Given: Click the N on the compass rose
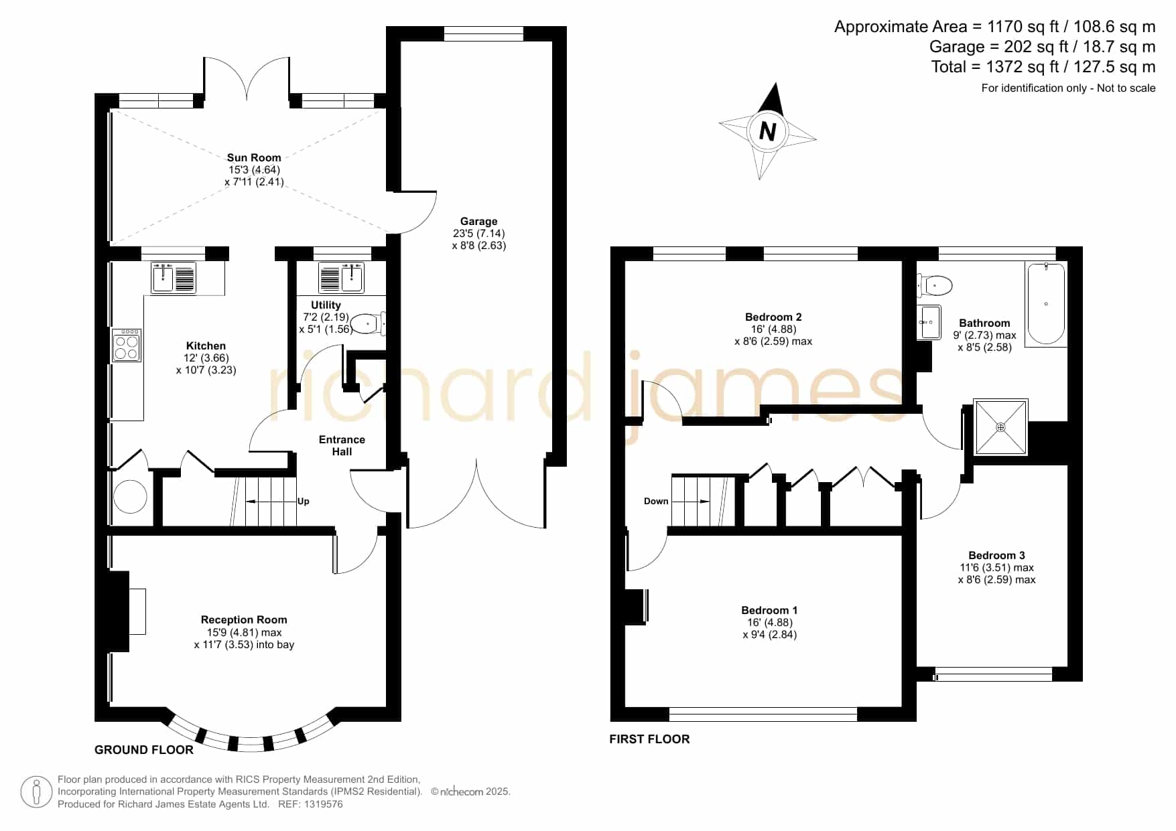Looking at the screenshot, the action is tap(768, 131).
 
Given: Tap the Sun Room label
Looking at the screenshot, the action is tap(254, 158).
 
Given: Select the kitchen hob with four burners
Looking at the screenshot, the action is tap(127, 346).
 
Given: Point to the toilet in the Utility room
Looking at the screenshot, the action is tap(369, 324).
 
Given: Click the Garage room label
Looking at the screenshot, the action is tap(478, 222).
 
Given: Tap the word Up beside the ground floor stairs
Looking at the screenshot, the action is tap(304, 502).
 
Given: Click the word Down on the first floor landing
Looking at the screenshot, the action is tap(656, 502).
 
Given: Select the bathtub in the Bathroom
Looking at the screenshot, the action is tap(1045, 303).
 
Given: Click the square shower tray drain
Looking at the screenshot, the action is tap(1000, 427).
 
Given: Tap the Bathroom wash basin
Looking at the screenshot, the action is tap(929, 322).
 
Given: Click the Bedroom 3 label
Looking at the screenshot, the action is tap(996, 556).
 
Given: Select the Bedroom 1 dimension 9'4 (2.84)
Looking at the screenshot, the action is tap(770, 635).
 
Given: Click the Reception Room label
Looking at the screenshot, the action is tap(244, 620).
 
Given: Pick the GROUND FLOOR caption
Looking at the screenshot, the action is tap(144, 750).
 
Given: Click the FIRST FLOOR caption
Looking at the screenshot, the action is tap(649, 739).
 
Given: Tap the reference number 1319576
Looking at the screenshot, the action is tap(324, 804).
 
